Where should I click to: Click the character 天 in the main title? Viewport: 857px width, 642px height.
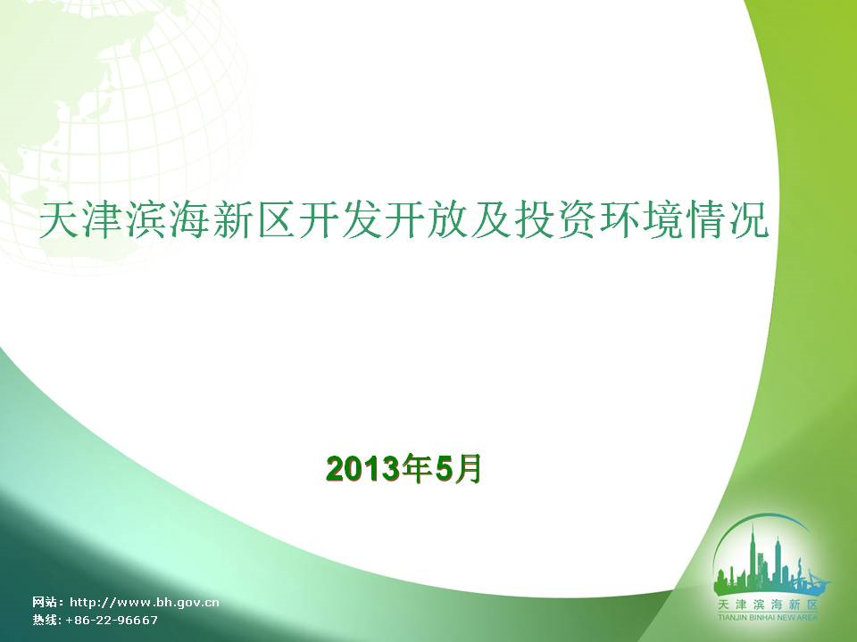tap(58, 220)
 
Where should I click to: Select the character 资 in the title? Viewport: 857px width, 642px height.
tap(577, 220)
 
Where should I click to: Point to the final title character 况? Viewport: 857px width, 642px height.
tap(749, 220)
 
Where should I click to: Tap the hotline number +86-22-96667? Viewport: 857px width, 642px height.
tap(112, 621)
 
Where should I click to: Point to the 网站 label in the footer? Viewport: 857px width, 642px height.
tap(45, 603)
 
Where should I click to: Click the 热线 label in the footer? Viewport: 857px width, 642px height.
tap(45, 621)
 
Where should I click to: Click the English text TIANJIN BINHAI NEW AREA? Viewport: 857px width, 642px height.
tap(768, 617)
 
